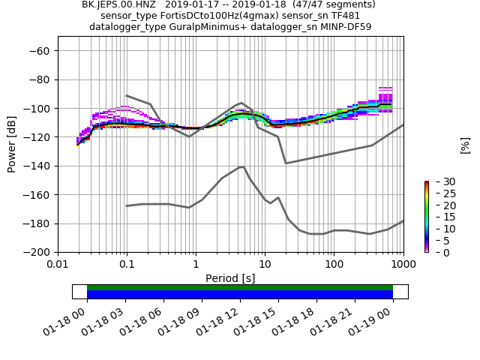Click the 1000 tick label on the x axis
point(403,265)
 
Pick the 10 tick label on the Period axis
point(265,265)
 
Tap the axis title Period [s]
point(230,278)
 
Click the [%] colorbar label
point(465,145)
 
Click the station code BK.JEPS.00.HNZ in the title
point(119,4)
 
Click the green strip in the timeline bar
point(240,287)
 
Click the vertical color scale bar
point(426,217)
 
